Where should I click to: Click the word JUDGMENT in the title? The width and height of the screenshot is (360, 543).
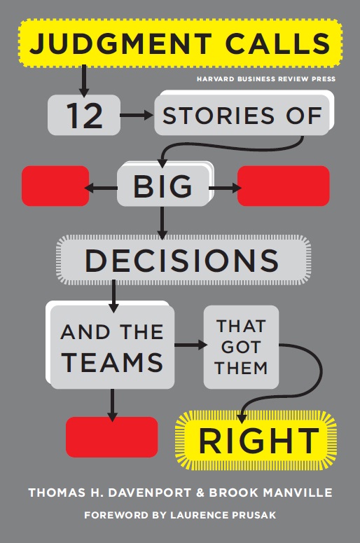coord(120,43)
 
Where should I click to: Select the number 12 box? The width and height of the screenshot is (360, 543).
coord(84,115)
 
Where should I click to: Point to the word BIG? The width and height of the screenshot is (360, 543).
coord(162,186)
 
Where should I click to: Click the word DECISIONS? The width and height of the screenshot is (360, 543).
coord(182,260)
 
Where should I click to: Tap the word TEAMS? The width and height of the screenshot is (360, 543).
coord(113,362)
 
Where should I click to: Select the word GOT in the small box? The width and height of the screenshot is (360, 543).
coord(241,348)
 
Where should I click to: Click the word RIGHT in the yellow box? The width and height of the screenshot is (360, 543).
coord(258,441)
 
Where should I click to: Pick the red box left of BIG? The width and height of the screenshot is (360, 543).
coord(55,186)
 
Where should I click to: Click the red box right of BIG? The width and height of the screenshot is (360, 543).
coord(283,186)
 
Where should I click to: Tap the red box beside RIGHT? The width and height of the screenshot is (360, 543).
coord(112,437)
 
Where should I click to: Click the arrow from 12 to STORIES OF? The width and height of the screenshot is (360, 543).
coord(137,115)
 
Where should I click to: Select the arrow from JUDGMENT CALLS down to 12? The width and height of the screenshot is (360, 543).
coord(84,81)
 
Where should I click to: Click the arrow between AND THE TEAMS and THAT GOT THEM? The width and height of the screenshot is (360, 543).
coord(191,345)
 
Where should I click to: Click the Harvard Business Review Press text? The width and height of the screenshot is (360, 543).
coord(266,79)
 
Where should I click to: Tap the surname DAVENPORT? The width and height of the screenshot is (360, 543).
coord(150,493)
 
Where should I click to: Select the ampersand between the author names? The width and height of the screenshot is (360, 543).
coord(200,493)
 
